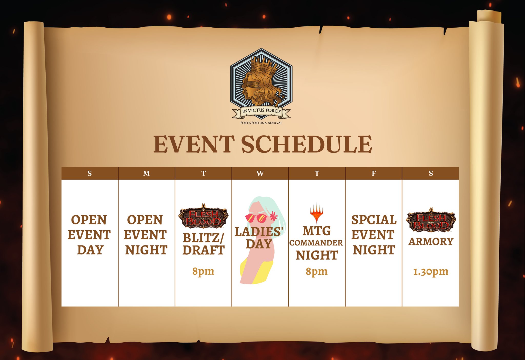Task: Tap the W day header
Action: pos(260,173)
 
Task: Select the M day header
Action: pos(146,173)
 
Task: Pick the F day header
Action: pos(374,173)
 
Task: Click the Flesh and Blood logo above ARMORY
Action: pos(431,220)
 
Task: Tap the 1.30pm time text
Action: pos(431,272)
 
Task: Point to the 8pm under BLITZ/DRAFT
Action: pos(203,271)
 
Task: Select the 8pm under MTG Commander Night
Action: pos(317,271)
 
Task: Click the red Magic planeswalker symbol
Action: pos(317,213)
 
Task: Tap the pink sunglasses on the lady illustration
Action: pos(256,218)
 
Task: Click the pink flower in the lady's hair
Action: pos(274,216)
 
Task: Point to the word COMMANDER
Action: pos(316,243)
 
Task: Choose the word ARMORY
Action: pos(431,242)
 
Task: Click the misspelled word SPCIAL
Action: pos(374,220)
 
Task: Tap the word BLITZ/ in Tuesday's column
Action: pos(204,238)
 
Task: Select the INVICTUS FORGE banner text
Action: pos(261,111)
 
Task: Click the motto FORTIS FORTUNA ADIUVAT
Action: pos(261,123)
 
